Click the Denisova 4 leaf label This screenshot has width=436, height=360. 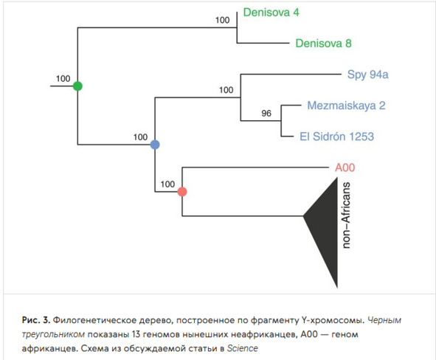(271, 13)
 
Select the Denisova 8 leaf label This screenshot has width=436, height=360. (323, 44)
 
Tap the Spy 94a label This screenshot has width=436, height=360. (367, 75)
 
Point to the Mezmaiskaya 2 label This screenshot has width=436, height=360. (346, 105)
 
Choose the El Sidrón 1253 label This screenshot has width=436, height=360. (336, 136)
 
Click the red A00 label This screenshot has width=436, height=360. (345, 167)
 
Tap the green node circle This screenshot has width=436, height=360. (78, 86)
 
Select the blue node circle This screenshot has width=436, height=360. (155, 145)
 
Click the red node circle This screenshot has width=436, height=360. (182, 192)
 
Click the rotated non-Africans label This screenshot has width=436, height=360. (346, 215)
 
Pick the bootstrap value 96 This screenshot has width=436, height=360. (266, 113)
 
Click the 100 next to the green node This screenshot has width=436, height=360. (63, 79)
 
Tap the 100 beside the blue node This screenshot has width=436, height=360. (140, 137)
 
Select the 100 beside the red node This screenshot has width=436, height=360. (167, 184)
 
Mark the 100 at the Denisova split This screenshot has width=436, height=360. (223, 20)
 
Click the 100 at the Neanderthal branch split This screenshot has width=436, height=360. (226, 90)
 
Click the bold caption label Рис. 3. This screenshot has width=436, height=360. (36, 320)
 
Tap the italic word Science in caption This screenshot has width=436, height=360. (243, 348)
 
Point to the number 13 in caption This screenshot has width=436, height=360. (137, 334)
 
